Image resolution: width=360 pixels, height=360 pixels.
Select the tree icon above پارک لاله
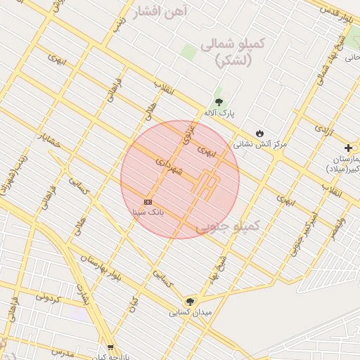pos(219,102)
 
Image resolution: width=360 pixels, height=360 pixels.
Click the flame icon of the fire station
pos(259,132)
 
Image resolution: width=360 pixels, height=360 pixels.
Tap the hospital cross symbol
pos(348,148)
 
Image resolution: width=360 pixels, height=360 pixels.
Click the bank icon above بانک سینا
pos(148,201)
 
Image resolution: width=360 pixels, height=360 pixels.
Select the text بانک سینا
pos(148,211)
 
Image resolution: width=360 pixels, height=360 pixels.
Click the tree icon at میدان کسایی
pos(188,301)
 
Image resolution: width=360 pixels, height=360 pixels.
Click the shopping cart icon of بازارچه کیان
pos(110,347)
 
